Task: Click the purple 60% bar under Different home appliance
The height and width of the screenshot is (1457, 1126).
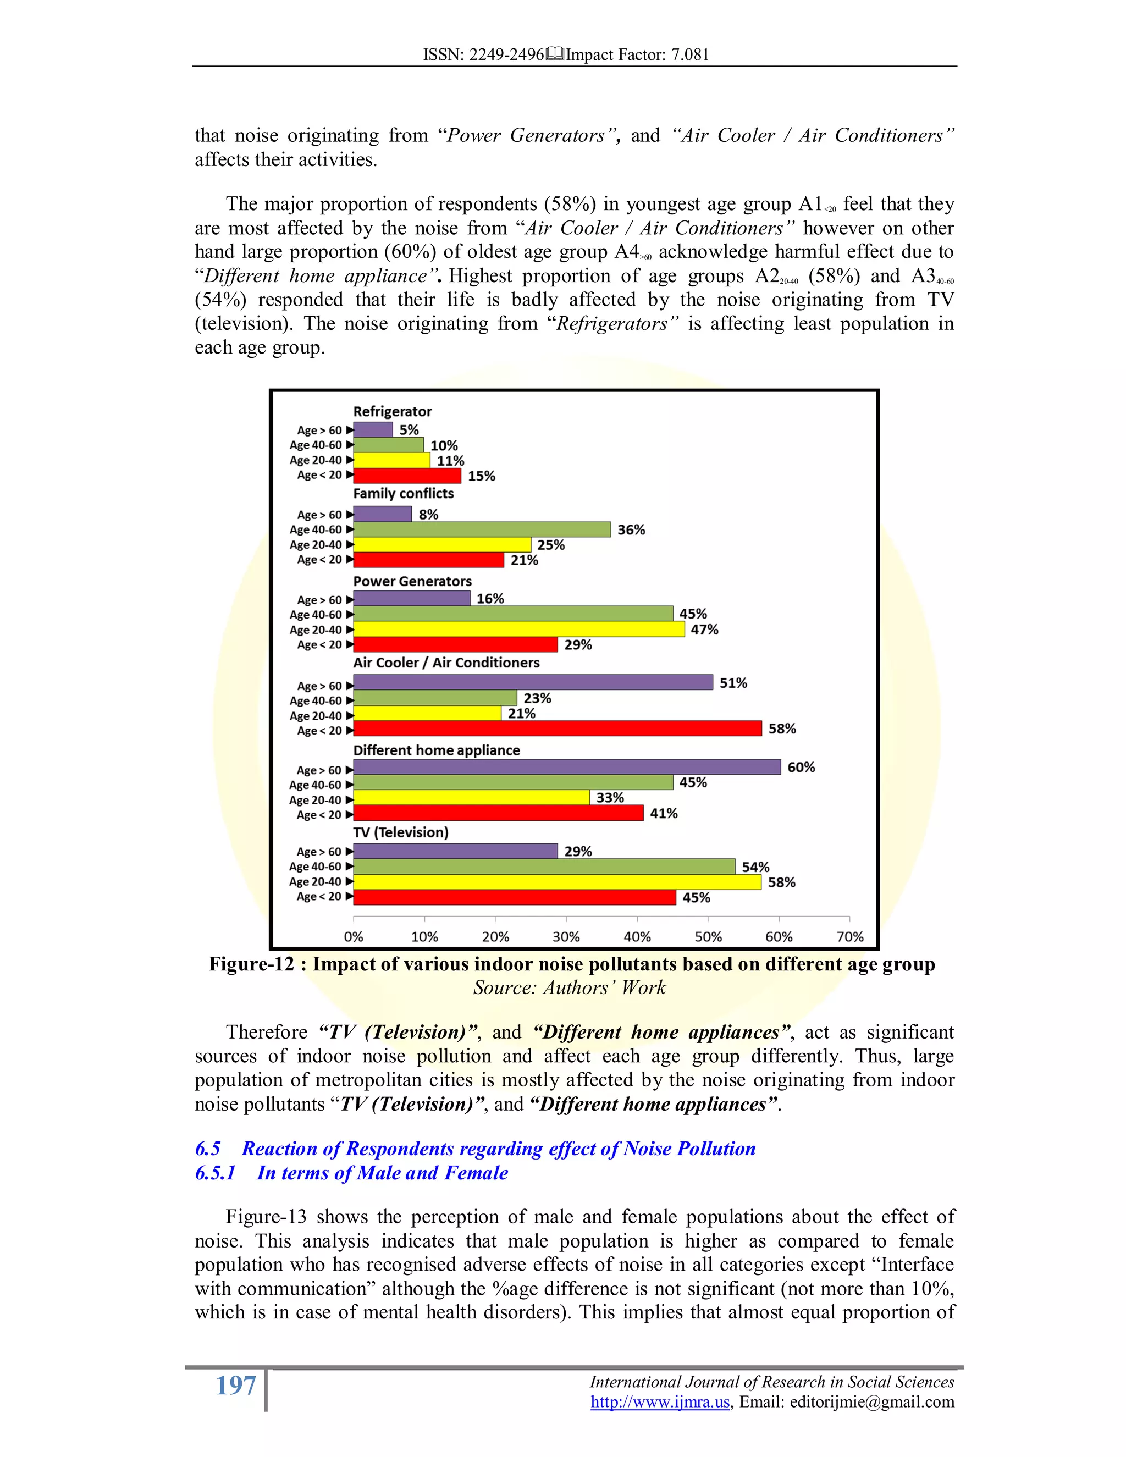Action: point(567,766)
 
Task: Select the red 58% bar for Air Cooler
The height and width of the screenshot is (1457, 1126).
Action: point(558,728)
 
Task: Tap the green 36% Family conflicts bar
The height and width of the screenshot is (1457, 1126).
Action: point(482,529)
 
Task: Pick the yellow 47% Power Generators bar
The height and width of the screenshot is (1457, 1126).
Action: point(519,629)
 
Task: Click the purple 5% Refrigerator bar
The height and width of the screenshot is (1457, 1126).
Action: point(373,429)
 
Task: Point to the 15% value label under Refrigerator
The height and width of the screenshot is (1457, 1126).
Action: point(481,476)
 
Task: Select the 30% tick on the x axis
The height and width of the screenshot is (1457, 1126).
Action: point(566,937)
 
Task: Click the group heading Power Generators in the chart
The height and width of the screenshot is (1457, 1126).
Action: point(412,581)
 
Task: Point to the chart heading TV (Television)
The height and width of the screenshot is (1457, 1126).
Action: point(400,832)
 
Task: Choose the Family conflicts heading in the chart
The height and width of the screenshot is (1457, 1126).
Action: point(403,494)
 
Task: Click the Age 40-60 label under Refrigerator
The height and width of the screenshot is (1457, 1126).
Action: point(316,445)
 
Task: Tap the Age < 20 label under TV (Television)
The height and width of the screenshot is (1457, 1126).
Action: point(319,897)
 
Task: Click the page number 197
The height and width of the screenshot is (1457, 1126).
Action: point(235,1386)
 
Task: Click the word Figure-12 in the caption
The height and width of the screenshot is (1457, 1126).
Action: point(251,965)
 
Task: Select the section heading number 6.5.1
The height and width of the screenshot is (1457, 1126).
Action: point(215,1173)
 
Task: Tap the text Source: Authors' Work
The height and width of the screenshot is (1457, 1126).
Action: point(569,987)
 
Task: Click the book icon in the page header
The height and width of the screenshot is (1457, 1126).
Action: point(555,54)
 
